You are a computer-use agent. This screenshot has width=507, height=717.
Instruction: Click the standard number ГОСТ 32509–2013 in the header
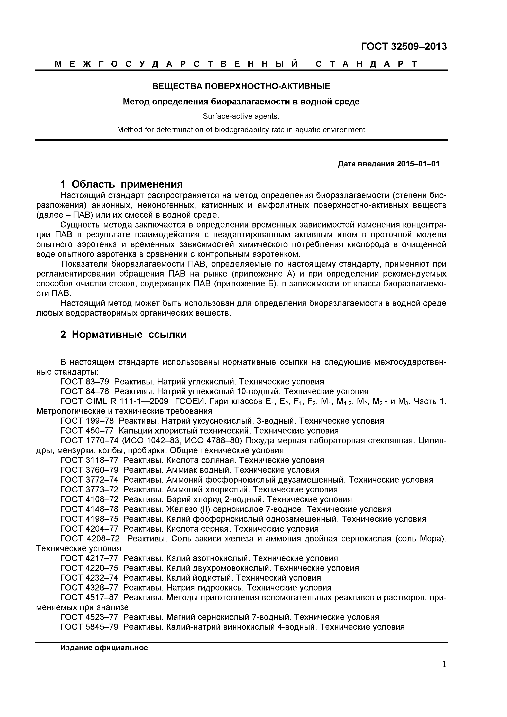404,47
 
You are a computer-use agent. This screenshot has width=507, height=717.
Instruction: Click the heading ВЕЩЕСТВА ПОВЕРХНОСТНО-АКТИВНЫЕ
241,86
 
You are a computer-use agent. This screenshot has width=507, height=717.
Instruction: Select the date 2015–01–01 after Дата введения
418,164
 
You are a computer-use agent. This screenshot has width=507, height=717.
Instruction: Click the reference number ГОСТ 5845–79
89,627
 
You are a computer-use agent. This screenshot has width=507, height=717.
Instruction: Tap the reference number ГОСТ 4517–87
89,597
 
